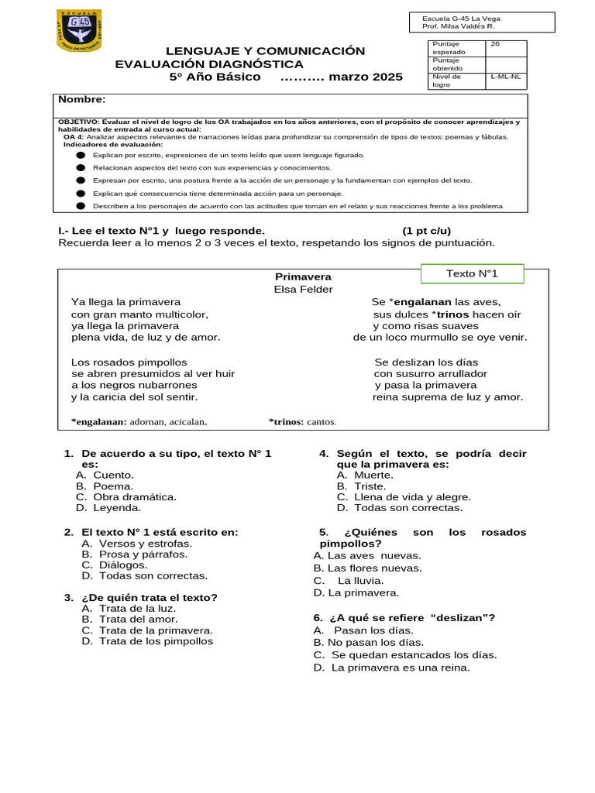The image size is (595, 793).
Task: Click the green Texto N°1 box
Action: [472, 274]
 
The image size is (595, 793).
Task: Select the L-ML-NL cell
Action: [505, 77]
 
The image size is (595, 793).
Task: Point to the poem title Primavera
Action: [303, 276]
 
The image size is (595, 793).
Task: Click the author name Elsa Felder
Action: [303, 290]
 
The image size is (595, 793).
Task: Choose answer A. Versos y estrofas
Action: [136, 544]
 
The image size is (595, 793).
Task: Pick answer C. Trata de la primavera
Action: [146, 630]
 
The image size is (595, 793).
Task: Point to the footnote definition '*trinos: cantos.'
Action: [303, 422]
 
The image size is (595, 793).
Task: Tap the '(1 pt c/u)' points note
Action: [426, 231]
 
